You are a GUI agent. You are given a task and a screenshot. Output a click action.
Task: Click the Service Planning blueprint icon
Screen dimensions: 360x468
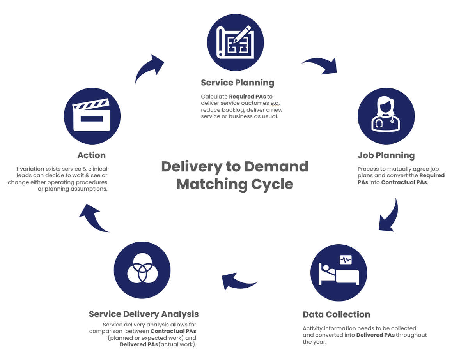(x=236, y=42)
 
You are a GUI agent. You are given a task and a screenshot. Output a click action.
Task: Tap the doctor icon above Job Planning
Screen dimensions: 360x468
(x=386, y=116)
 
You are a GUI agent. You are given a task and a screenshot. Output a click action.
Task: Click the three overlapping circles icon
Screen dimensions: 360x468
(x=142, y=270)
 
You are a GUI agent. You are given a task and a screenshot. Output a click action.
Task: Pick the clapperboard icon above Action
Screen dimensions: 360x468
(x=92, y=116)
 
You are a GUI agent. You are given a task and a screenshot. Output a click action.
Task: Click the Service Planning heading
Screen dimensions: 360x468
(x=237, y=83)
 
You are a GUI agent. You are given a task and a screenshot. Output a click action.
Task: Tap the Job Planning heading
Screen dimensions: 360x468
(x=386, y=155)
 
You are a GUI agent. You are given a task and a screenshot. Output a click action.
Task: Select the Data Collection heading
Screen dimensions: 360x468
(x=336, y=314)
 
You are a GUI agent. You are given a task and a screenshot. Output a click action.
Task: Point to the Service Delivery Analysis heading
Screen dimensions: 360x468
(x=144, y=314)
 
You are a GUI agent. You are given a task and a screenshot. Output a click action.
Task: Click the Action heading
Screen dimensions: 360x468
(x=92, y=155)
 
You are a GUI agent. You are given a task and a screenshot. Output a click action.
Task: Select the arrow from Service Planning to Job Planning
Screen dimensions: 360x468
(x=320, y=66)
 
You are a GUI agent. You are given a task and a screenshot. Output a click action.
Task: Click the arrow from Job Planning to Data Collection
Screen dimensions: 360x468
(x=390, y=216)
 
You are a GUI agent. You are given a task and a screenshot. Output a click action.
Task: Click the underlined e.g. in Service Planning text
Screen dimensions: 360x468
(x=275, y=103)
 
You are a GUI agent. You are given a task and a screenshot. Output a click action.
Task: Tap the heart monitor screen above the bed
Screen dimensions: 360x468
(x=346, y=259)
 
